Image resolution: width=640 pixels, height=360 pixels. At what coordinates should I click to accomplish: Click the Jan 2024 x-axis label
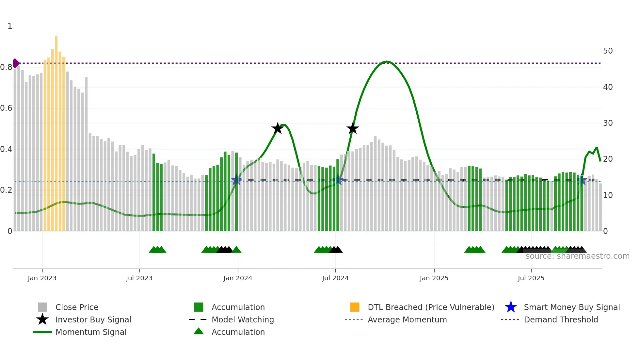point(238,278)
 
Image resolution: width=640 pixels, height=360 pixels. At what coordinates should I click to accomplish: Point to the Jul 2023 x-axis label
point(139,278)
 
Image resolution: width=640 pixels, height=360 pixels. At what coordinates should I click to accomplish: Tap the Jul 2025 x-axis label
point(531,278)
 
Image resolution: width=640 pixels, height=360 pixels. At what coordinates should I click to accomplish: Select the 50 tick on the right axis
point(608,51)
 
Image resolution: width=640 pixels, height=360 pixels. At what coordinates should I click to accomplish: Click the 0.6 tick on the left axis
point(6,108)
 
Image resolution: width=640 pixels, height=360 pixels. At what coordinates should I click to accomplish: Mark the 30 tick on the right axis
point(608,123)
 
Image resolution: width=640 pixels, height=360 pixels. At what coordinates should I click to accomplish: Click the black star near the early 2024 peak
point(278,128)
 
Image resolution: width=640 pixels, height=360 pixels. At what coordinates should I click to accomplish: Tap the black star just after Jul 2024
point(353,128)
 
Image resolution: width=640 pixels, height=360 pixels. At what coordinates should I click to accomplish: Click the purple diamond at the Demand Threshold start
point(16,63)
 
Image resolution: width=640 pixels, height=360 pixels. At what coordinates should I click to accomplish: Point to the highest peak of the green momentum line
point(387,61)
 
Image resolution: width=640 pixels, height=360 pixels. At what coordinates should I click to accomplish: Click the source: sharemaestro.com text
point(577,256)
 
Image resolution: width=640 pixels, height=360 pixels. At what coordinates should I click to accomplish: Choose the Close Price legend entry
point(77,307)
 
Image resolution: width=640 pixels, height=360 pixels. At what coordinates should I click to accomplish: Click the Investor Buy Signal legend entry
point(93,319)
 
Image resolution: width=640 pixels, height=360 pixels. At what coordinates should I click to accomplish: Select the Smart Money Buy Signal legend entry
point(571,307)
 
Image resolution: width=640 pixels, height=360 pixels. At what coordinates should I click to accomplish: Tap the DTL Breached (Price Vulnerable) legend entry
point(431,307)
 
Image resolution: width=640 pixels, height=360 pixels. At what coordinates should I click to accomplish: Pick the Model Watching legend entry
point(242,319)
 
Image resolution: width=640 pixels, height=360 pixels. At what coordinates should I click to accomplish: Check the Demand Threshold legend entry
point(561,319)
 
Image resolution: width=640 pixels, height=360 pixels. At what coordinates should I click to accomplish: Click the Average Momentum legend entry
point(407,319)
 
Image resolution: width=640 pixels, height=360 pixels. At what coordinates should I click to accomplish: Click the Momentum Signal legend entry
point(91,332)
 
